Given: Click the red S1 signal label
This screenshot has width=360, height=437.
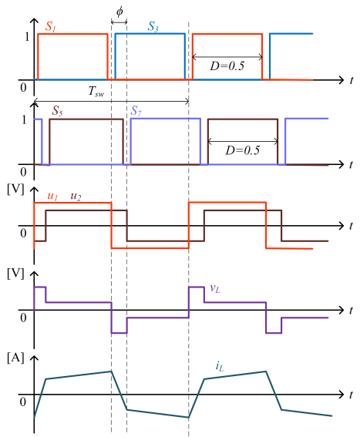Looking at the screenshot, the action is pos(51,27).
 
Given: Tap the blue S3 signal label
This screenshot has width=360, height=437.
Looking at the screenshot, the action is pos(153,27).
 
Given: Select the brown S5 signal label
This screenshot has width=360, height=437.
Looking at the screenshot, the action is pos(57,111).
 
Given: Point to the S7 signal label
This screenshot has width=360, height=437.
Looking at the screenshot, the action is pos(136,111).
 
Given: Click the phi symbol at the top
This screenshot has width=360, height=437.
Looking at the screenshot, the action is pos(119,12).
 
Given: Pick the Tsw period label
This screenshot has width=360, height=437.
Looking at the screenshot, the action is pos(96,91).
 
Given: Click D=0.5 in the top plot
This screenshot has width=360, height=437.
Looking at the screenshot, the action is pos(227,66).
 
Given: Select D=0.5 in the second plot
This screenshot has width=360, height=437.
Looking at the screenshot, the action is pos(242,150).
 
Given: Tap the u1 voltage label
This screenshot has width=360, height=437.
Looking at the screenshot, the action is pos(52,197).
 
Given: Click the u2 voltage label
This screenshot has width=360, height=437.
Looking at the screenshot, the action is pos(76,197).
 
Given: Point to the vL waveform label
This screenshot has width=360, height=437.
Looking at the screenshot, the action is pos(215,288).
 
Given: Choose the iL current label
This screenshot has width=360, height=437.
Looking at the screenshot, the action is pos(220,367).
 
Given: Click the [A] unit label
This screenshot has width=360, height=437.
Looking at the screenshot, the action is pos(15,358).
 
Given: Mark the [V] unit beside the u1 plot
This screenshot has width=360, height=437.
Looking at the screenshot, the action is pos(15,190).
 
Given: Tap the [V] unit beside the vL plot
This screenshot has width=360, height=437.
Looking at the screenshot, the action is pos(15,274).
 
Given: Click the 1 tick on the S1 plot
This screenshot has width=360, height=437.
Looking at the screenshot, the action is pos(27,37).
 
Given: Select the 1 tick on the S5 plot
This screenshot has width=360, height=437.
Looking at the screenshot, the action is pos(24,119).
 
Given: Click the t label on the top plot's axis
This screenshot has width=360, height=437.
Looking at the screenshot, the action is pos(352,80).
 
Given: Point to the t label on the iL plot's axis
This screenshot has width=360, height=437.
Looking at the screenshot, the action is pos(352,395).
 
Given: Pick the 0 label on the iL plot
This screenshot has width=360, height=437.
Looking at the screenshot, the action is pos(23,402).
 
